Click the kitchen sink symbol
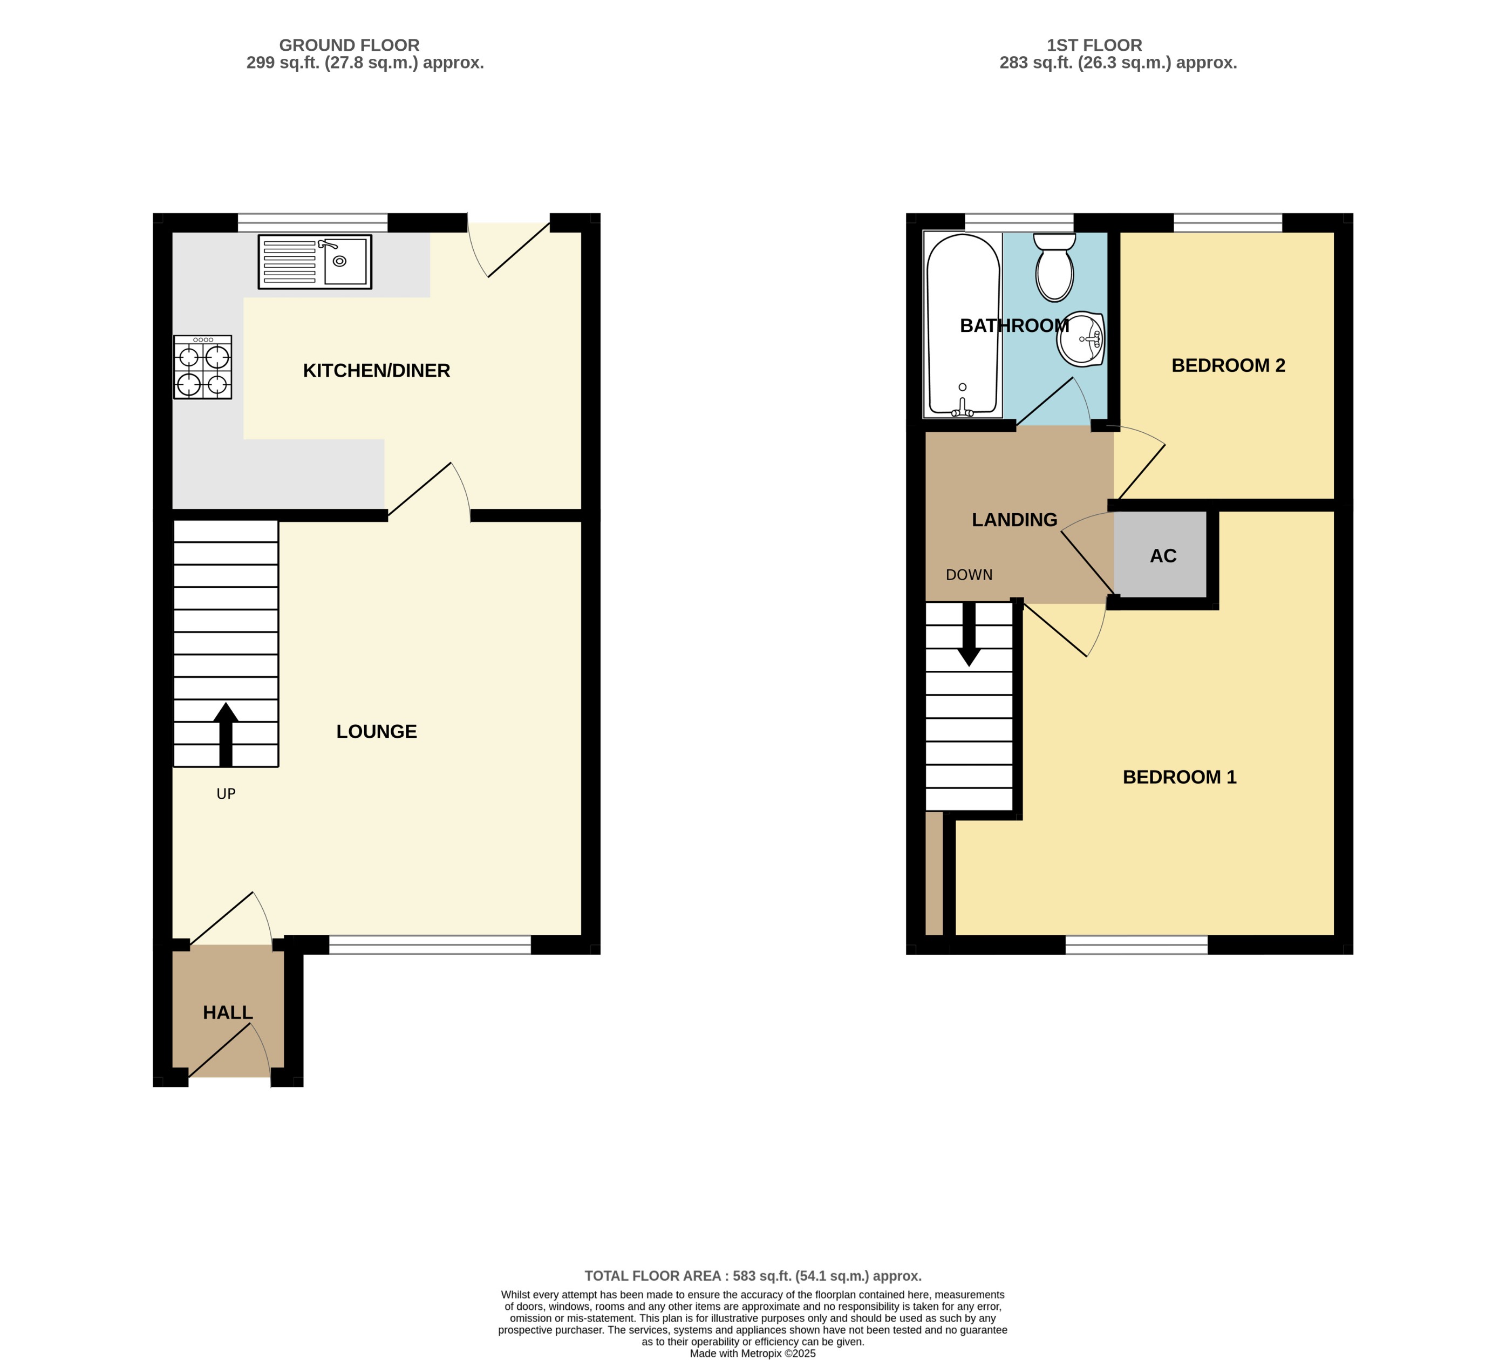point(315,262)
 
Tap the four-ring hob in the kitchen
point(202,367)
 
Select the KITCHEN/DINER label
point(377,371)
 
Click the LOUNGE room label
point(377,732)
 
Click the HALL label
point(228,1012)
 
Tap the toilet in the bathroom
point(1054,268)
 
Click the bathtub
point(963,325)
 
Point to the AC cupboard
point(1162,555)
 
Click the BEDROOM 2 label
point(1228,365)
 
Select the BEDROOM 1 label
point(1180,777)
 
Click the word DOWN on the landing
point(969,575)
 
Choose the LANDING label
point(1014,519)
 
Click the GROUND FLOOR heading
point(349,45)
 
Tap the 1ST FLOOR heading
point(1094,45)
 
